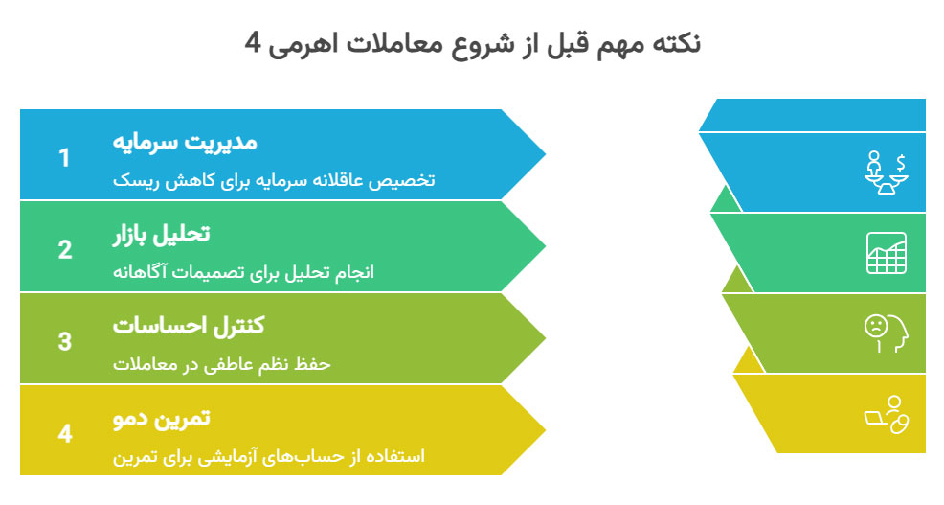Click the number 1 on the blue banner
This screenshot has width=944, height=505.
[x=64, y=157]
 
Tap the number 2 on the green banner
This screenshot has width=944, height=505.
[x=64, y=249]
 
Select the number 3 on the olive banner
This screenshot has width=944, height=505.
[x=64, y=341]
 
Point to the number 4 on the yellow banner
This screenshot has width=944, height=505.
[x=64, y=433]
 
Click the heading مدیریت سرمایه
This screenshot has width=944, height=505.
[x=186, y=142]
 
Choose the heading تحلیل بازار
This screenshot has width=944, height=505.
[x=162, y=234]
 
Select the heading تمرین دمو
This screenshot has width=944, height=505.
[x=163, y=418]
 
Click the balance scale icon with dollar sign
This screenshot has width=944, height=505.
[x=887, y=172]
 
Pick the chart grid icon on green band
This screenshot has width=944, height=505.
[x=887, y=253]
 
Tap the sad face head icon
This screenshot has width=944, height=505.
[x=887, y=333]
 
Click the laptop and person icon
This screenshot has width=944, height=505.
[x=887, y=415]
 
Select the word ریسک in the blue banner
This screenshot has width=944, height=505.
[x=133, y=180]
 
